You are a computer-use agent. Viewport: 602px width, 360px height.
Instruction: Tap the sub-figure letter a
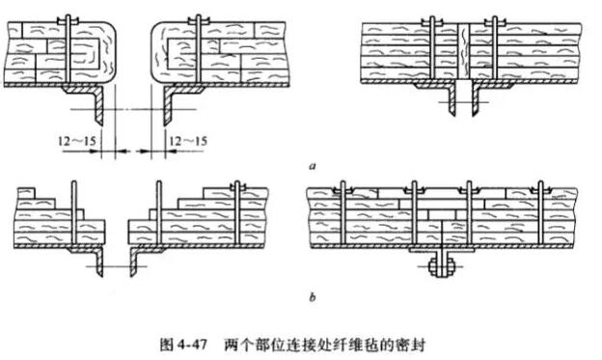311,166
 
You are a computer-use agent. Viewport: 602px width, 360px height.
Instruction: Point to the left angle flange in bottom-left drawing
97,261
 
